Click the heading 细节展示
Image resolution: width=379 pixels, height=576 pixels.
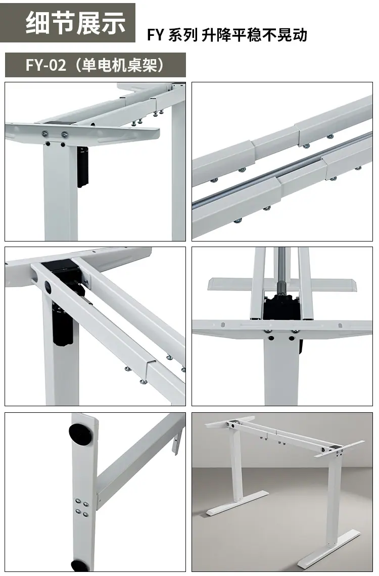coord(76,23)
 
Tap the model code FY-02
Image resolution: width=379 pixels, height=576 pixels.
coord(45,65)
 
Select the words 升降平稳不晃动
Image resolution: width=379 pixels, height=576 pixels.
coord(254,35)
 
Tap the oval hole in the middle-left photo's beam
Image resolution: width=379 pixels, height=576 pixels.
coord(49,286)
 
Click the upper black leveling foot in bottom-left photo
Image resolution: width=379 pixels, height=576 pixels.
coord(80,434)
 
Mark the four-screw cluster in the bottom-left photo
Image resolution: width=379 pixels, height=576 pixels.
coord(81,507)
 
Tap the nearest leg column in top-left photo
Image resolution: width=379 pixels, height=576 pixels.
coord(60,191)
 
